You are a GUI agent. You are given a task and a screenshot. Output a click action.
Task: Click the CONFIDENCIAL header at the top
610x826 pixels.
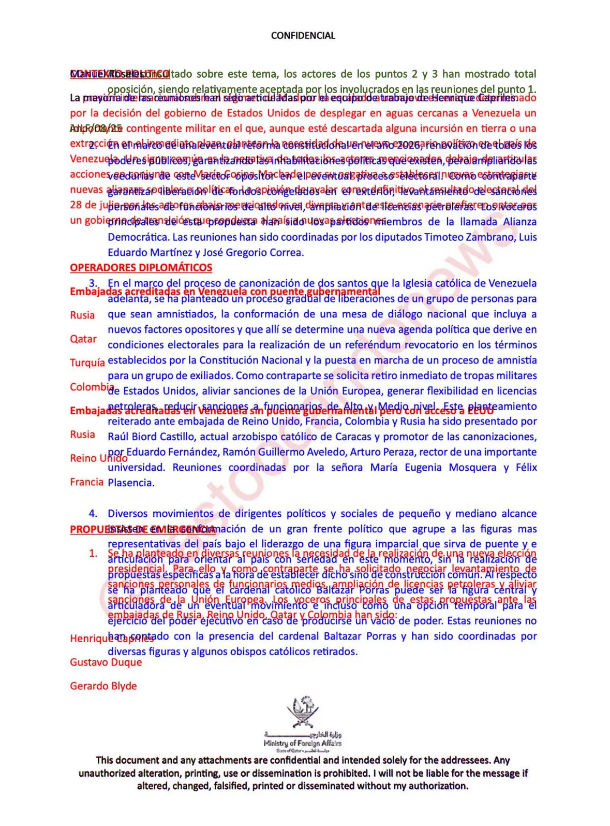(x=303, y=36)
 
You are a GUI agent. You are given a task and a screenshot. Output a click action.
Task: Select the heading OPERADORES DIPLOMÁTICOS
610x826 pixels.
(x=141, y=268)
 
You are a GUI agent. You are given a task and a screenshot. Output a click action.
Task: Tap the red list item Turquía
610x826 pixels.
(x=87, y=363)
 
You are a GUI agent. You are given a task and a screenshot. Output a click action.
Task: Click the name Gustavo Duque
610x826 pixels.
(x=106, y=662)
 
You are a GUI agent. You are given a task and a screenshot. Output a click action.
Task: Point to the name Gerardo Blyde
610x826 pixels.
(x=103, y=686)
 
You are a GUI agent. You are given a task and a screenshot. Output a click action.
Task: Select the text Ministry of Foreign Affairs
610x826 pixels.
(x=302, y=743)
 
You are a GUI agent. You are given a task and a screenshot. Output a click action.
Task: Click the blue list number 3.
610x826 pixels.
(x=93, y=283)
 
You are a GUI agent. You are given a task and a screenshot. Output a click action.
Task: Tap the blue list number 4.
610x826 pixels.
(x=93, y=514)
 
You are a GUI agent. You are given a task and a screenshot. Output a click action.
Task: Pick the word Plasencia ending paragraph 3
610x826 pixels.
(x=130, y=483)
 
